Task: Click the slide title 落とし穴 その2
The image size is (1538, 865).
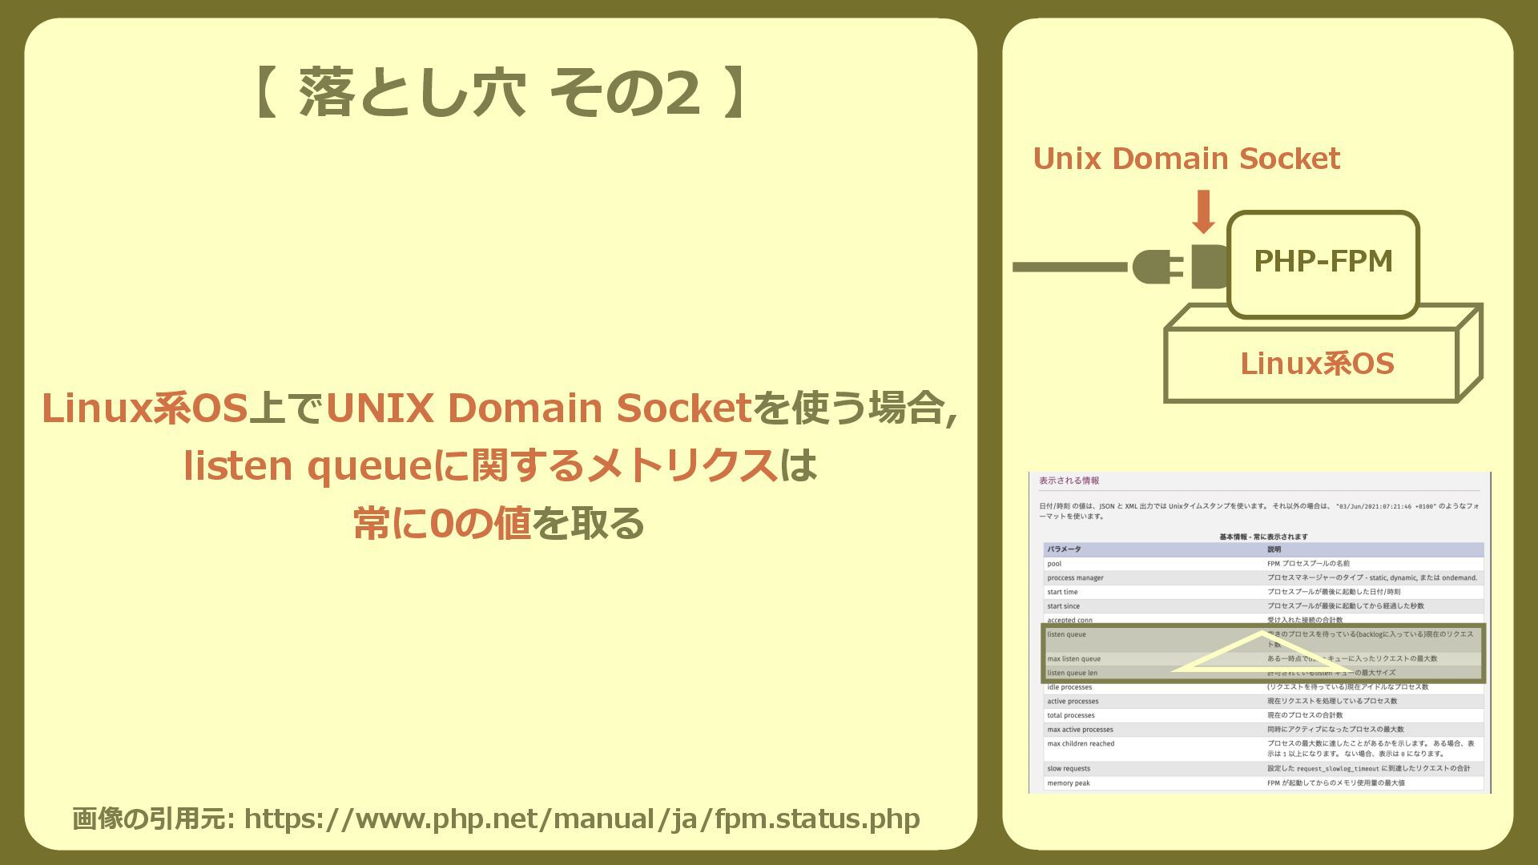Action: (500, 93)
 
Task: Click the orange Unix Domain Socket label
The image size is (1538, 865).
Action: (1186, 159)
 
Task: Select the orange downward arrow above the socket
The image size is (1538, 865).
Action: (1202, 211)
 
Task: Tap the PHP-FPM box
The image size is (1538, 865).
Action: (1323, 263)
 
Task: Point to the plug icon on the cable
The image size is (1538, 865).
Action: (1158, 267)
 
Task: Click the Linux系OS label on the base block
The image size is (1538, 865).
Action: (1317, 364)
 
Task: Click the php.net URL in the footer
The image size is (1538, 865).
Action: (582, 819)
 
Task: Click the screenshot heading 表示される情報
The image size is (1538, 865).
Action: (1069, 481)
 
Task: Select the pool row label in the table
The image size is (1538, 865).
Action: (1054, 564)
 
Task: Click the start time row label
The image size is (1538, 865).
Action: (1062, 592)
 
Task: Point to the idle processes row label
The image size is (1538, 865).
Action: (1069, 687)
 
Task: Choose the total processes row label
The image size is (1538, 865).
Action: (1070, 715)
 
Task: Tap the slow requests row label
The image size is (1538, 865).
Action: (1068, 769)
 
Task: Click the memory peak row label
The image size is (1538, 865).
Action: (1068, 783)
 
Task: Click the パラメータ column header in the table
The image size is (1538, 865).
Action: (1064, 549)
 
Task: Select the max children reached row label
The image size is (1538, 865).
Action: (1081, 744)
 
